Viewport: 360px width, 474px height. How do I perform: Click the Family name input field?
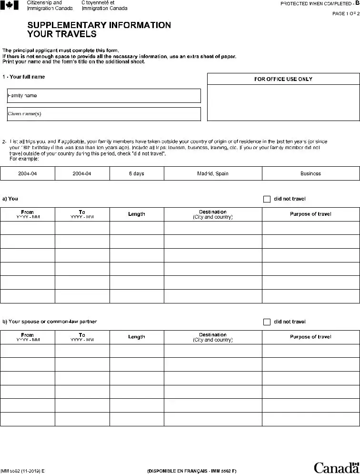coord(104,96)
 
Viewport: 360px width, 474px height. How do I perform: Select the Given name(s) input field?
coord(104,114)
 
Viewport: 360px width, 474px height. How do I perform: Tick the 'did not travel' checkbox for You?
coord(267,199)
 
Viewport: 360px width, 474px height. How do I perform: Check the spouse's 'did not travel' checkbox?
coord(267,322)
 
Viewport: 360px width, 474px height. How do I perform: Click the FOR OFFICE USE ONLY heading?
coord(283,79)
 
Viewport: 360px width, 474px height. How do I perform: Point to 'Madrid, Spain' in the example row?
coord(213,174)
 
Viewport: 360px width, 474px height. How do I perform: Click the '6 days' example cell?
coord(137,174)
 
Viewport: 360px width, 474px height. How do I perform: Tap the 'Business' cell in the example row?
coord(310,174)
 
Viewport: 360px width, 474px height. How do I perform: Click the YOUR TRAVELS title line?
coord(62,34)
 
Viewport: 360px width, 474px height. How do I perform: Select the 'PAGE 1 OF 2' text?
coord(345,13)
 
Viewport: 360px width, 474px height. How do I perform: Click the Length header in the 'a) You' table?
coord(137,214)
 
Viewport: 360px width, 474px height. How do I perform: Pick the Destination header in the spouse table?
coord(213,337)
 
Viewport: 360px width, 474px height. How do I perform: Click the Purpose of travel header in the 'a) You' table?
coord(310,214)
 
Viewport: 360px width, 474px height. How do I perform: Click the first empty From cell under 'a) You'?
coord(28,228)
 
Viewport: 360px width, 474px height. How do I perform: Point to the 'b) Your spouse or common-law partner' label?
coord(50,322)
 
